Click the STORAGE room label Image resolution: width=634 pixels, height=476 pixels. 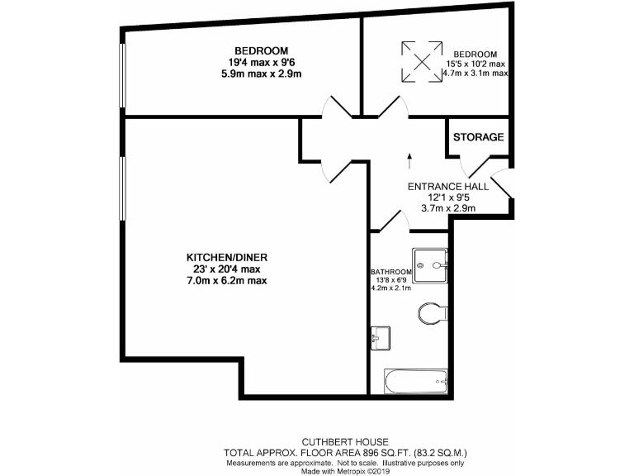[478, 137]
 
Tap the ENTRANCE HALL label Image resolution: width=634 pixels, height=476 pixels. [448, 187]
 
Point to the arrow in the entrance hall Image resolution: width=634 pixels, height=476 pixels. [410, 159]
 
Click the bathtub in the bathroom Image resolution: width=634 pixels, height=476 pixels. [416, 381]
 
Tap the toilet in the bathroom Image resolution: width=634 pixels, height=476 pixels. [432, 312]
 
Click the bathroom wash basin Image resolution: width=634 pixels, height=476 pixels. [381, 336]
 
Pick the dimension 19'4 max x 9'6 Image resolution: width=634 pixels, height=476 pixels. [253, 62]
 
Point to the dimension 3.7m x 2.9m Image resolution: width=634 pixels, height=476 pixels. [448, 209]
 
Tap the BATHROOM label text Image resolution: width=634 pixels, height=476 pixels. [391, 272]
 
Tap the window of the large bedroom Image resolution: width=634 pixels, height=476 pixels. [122, 74]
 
